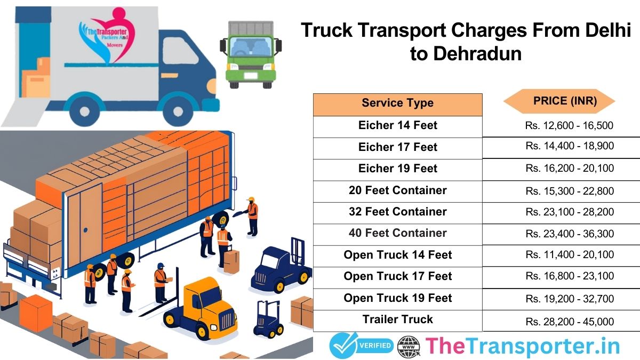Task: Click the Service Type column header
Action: pyautogui.click(x=397, y=103)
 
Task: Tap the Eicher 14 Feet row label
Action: pyautogui.click(x=397, y=125)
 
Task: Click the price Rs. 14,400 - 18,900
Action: pyautogui.click(x=570, y=146)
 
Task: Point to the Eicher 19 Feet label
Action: pyautogui.click(x=397, y=169)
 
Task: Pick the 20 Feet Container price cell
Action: pyautogui.click(x=570, y=190)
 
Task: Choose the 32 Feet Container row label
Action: pyautogui.click(x=397, y=212)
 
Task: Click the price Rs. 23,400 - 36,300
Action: pyautogui.click(x=570, y=234)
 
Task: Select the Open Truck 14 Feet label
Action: pyautogui.click(x=397, y=255)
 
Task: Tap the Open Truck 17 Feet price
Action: pyautogui.click(x=570, y=276)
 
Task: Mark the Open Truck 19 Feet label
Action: pyautogui.click(x=397, y=298)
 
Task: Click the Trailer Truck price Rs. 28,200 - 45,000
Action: pyautogui.click(x=570, y=322)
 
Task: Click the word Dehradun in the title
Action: pyautogui.click(x=465, y=54)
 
